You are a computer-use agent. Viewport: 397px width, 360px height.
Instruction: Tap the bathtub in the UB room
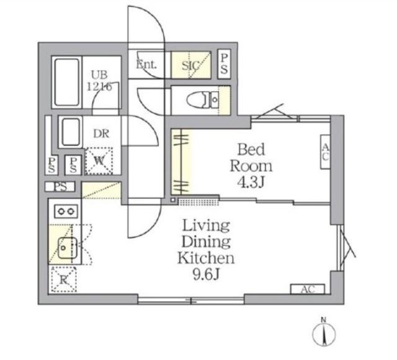[x=67, y=82]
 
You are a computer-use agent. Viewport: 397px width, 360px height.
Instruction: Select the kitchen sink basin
[x=67, y=248]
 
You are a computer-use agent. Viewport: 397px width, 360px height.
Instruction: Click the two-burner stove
[x=66, y=211]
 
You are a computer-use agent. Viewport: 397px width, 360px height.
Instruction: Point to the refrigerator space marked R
[x=63, y=279]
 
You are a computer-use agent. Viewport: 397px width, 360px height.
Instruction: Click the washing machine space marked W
[x=99, y=161]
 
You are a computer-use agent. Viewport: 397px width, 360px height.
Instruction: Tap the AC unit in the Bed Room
[x=325, y=151]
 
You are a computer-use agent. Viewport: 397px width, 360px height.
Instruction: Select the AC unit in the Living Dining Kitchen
[x=308, y=289]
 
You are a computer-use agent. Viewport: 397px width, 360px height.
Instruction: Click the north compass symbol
[x=324, y=332]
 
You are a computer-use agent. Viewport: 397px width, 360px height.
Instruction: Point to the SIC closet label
[x=190, y=66]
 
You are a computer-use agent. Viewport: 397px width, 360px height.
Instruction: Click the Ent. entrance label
[x=146, y=65]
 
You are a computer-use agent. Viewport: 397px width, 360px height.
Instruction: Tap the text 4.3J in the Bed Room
[x=251, y=182]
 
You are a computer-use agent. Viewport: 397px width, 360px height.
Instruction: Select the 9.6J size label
[x=206, y=274]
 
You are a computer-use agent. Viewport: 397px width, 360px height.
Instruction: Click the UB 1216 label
[x=99, y=81]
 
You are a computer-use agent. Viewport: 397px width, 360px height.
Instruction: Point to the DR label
[x=101, y=133]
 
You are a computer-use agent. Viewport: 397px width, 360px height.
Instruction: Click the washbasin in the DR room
[x=71, y=132]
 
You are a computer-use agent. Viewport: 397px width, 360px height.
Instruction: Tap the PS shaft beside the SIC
[x=224, y=64]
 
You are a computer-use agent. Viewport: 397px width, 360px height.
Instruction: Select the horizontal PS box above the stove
[x=60, y=187]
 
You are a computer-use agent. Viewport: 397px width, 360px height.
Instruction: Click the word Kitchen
[x=206, y=258]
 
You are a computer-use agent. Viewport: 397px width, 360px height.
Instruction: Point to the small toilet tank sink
[x=215, y=100]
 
